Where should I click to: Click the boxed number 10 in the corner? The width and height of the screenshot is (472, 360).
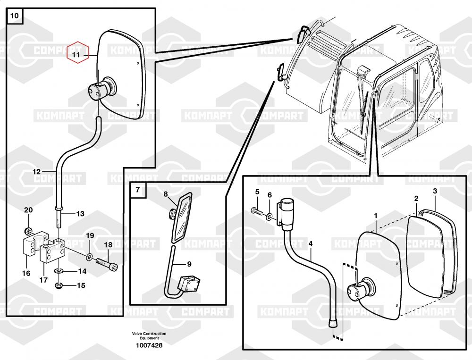15,16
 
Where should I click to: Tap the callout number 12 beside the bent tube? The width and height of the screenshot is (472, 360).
37,172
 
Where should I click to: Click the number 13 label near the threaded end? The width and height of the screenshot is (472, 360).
80,214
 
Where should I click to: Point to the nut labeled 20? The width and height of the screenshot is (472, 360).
29,231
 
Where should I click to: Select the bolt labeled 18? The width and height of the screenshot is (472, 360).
106,262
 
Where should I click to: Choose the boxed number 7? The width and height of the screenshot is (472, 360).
137,190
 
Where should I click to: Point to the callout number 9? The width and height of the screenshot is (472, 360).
189,264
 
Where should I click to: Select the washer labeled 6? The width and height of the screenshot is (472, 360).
269,217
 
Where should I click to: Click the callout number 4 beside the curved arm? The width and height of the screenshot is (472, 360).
310,244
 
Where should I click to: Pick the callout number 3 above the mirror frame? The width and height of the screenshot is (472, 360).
435,191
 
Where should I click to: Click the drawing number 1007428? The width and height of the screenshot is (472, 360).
149,345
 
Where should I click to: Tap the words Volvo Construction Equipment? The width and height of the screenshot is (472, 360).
149,336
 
